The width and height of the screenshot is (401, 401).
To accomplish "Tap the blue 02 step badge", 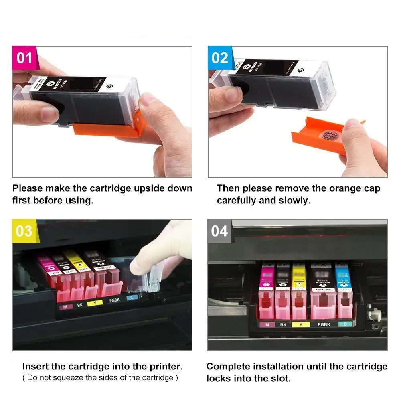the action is coord(220,58).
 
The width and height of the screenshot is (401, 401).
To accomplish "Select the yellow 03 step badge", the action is coord(24,231).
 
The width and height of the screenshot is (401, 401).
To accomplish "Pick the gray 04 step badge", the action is coord(219,231).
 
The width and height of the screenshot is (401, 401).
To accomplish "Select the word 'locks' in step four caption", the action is coord(220,378).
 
